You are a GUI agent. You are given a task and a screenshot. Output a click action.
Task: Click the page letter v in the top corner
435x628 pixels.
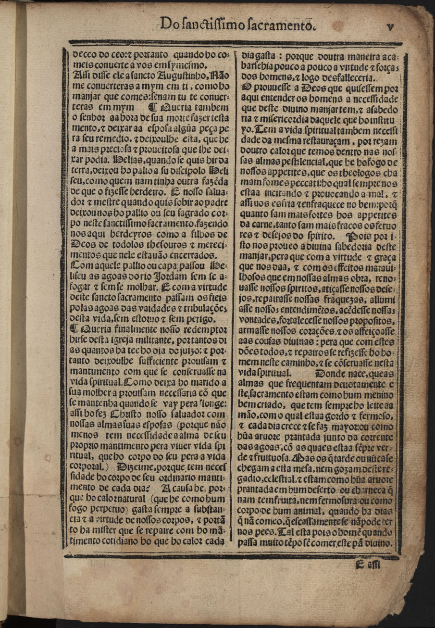coord(390,27)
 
